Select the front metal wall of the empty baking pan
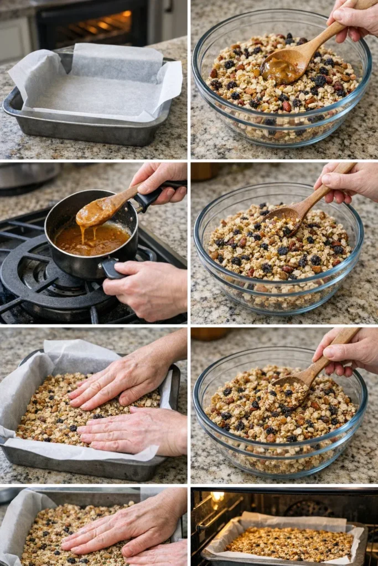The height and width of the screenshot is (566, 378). click(x=83, y=132)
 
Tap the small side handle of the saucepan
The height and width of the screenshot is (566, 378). click(x=111, y=269)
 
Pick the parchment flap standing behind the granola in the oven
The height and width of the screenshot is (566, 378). click(x=293, y=521)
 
